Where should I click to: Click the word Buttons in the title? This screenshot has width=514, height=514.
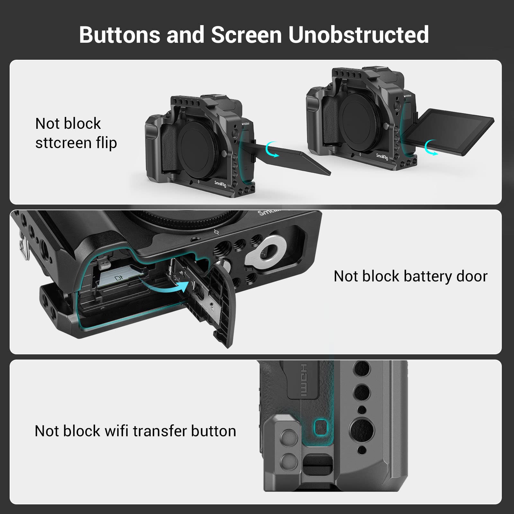119,34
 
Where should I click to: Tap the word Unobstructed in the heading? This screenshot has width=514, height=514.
358,34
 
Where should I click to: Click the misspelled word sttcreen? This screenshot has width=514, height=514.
59,143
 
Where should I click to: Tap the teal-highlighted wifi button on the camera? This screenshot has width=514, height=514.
321,428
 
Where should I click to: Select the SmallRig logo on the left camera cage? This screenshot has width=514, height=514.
220,184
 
